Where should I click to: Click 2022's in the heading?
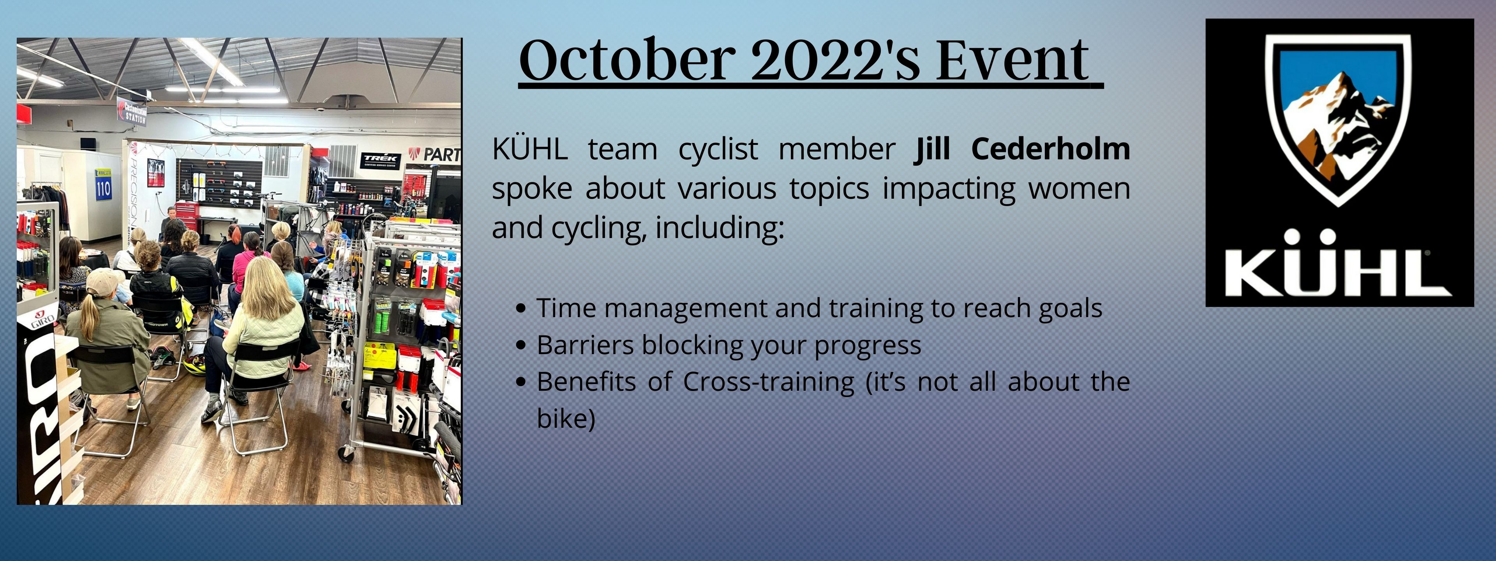point(836,60)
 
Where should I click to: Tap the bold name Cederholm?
point(1051,149)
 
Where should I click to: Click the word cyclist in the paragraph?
point(718,149)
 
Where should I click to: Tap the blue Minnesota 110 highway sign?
point(103,185)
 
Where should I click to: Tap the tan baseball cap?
point(103,281)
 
